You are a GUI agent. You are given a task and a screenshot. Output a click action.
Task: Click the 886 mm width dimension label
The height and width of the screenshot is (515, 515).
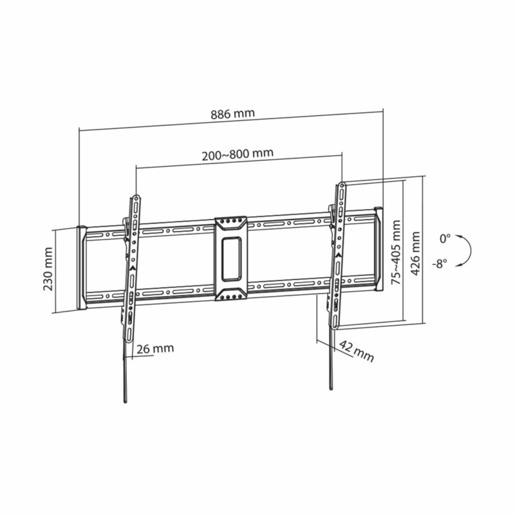232,114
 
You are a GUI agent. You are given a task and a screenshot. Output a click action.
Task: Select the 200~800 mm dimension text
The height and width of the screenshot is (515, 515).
238,154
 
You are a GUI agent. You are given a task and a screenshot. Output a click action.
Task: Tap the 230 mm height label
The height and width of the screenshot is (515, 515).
48,269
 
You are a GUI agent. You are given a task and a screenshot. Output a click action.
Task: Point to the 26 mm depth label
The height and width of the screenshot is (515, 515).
155,348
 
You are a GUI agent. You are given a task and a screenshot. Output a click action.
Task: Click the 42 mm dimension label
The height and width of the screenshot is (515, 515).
357,351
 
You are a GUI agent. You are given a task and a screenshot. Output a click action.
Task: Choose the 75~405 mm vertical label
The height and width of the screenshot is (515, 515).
396,252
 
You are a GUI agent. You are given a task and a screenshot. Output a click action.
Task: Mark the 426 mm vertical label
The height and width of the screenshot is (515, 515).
415,254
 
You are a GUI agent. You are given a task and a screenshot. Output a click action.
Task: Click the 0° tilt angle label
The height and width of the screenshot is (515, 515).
445,239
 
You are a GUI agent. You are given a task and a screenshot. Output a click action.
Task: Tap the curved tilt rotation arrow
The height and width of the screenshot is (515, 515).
471,251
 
